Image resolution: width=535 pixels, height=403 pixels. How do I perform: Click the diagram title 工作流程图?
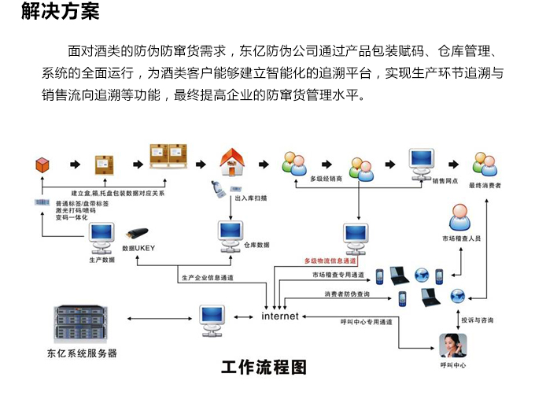[x=264, y=367]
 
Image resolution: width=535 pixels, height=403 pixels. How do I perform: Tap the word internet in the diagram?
[x=280, y=316]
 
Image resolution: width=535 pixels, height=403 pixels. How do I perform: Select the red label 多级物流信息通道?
[x=330, y=260]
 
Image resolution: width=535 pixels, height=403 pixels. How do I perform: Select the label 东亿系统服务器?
[x=82, y=353]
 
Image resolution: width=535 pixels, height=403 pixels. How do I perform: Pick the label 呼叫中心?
[x=454, y=366]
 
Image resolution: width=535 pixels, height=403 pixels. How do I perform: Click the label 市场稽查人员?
[x=460, y=238]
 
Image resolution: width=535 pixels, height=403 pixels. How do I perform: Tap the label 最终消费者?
[x=485, y=186]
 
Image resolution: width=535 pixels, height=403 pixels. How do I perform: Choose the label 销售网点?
[x=445, y=180]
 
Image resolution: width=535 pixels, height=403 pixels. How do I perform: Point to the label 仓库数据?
[x=256, y=245]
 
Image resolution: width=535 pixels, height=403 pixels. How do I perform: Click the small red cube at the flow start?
[x=42, y=165]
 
